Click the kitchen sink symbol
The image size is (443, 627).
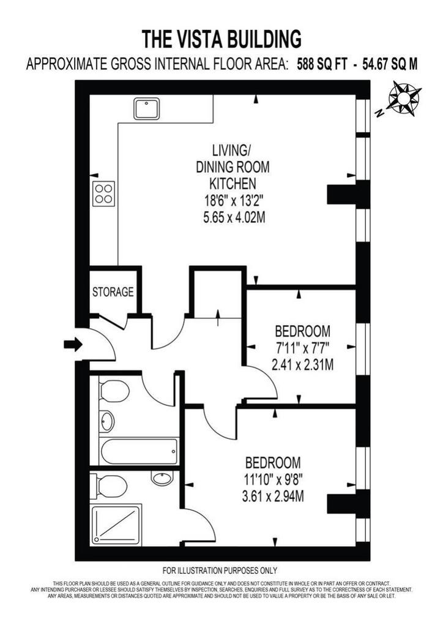tap(147, 109)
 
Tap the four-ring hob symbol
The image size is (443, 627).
tap(104, 194)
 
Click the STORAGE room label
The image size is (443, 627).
tap(113, 292)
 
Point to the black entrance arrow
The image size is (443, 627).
tap(73, 344)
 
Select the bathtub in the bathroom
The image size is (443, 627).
tap(140, 452)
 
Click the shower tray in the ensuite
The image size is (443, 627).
tap(117, 525)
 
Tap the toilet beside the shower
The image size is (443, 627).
tap(109, 486)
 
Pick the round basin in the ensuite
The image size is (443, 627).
tap(162, 478)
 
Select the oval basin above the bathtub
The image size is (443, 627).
tap(107, 421)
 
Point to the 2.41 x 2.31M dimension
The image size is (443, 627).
tap(302, 365)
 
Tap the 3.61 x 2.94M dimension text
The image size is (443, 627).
tap(273, 497)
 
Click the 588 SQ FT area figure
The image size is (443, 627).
tap(322, 64)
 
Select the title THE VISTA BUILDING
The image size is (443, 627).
tap(221, 39)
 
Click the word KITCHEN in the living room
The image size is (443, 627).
tap(233, 184)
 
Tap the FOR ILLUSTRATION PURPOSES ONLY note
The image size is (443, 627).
tap(220, 571)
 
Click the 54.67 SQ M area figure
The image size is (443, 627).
tap(390, 64)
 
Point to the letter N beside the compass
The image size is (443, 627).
tap(380, 113)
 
